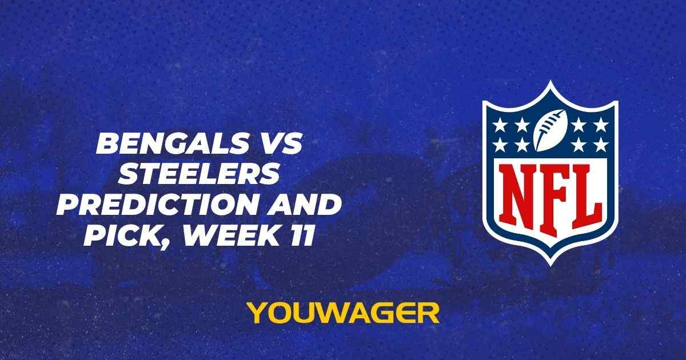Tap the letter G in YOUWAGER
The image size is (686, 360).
pos(380,313)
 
